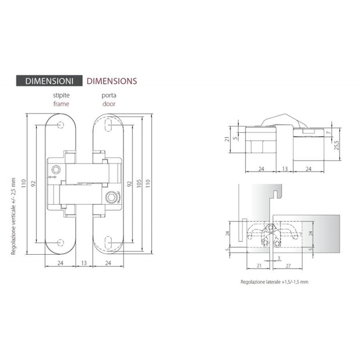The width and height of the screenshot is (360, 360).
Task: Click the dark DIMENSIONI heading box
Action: coord(49,81)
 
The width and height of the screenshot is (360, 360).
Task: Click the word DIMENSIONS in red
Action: coord(112,81)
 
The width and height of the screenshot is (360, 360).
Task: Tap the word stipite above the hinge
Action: coord(61,95)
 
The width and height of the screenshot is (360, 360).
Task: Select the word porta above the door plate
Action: coord(109,95)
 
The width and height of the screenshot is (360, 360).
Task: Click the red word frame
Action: coord(61,104)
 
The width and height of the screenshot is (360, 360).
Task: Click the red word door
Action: coord(109,104)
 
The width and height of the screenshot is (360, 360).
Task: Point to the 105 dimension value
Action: coord(139,184)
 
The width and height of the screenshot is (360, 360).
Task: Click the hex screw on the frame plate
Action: coord(56,170)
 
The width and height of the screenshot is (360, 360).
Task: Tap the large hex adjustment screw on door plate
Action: coord(111,198)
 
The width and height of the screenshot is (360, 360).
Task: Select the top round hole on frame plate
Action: coord(60,125)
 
